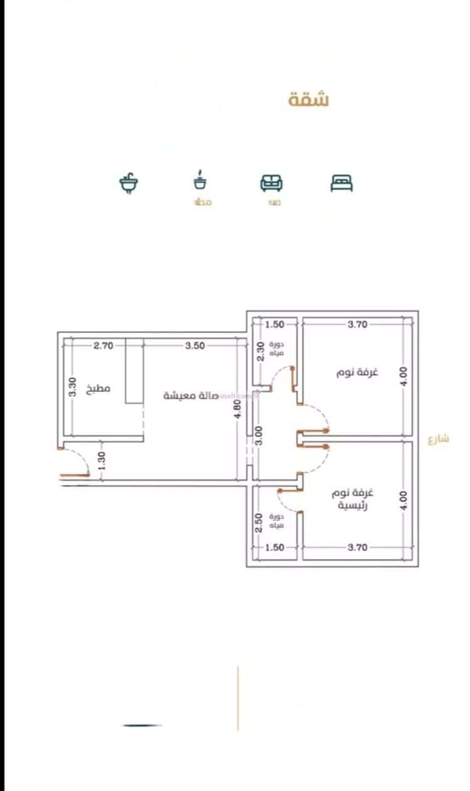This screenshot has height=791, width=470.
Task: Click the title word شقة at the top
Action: (309, 100)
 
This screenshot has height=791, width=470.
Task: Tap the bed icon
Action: (342, 182)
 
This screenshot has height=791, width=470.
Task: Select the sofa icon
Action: (271, 182)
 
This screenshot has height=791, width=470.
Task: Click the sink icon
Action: (128, 183)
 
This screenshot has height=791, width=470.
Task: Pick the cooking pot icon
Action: (201, 181)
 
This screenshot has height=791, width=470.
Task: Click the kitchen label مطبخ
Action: (98, 389)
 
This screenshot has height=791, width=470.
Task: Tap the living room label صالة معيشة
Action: (191, 395)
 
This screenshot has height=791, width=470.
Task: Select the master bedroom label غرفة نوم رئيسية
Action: (352, 498)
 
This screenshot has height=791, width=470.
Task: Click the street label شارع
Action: (439, 439)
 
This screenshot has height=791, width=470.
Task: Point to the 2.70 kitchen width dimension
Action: (103, 345)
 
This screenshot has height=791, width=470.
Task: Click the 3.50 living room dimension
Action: (196, 345)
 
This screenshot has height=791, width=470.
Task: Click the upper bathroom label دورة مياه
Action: (276, 349)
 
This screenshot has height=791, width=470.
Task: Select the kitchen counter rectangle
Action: (134, 370)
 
